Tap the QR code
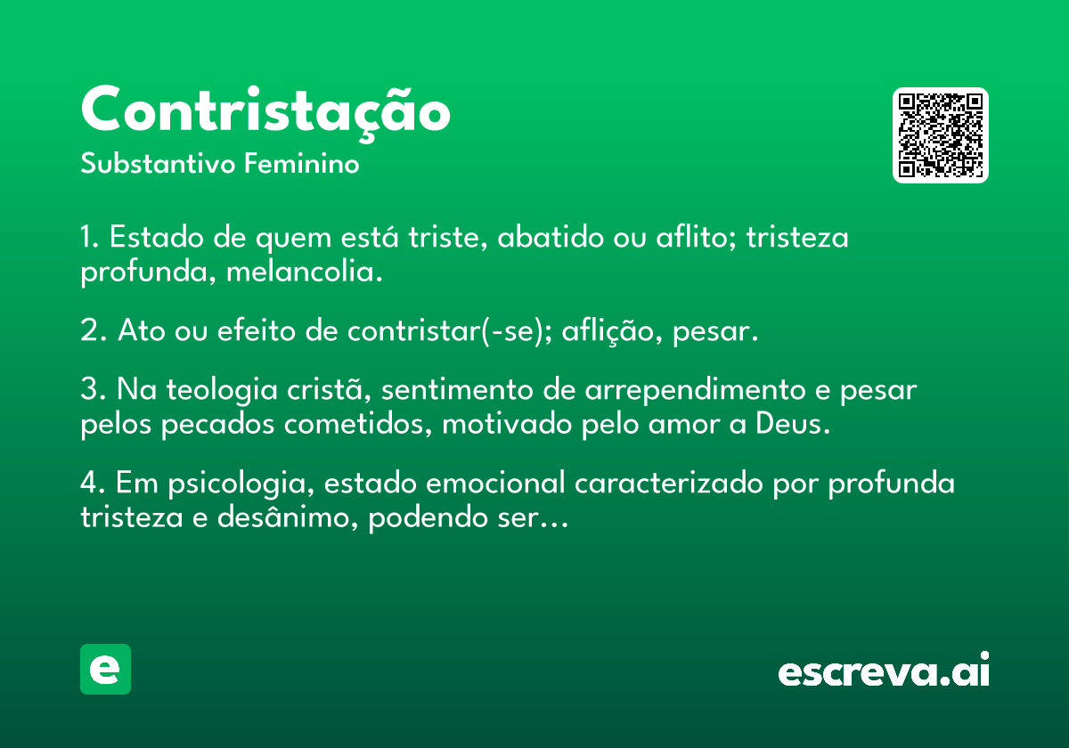(x=940, y=135)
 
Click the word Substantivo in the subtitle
(x=158, y=164)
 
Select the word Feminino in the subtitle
(x=302, y=164)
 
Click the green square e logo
(x=105, y=669)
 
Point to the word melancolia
(x=304, y=272)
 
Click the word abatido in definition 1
(x=551, y=237)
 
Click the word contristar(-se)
(x=450, y=331)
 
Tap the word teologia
(x=222, y=391)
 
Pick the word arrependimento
(x=696, y=391)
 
